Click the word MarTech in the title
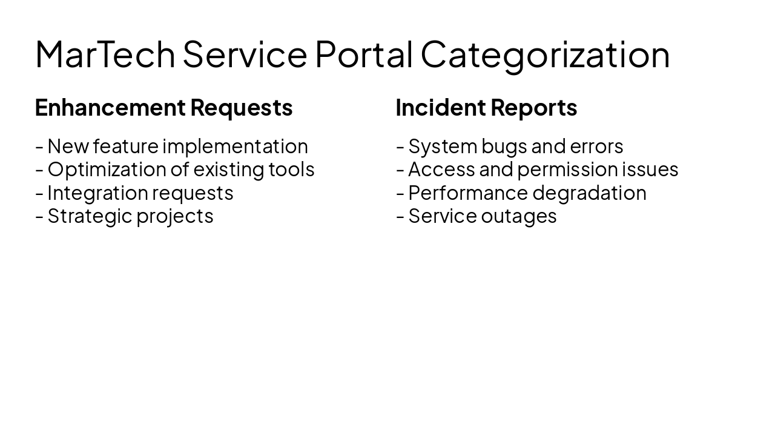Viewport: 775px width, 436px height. pyautogui.click(x=105, y=54)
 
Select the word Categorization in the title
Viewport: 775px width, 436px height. pyautogui.click(x=545, y=54)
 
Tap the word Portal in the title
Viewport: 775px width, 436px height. pyautogui.click(x=363, y=54)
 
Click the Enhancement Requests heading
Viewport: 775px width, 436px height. pyautogui.click(x=163, y=108)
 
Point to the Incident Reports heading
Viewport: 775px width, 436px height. pyautogui.click(x=486, y=108)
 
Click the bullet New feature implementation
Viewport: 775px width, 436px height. pyautogui.click(x=177, y=147)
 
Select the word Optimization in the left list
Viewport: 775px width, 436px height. pyautogui.click(x=106, y=170)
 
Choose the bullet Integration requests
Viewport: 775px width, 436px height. pyautogui.click(x=140, y=193)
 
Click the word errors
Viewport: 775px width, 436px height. pyautogui.click(x=596, y=147)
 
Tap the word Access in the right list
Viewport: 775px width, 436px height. pyautogui.click(x=441, y=170)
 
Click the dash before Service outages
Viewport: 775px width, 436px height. pyautogui.click(x=400, y=217)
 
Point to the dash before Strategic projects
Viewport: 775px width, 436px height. pyautogui.click(x=39, y=217)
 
